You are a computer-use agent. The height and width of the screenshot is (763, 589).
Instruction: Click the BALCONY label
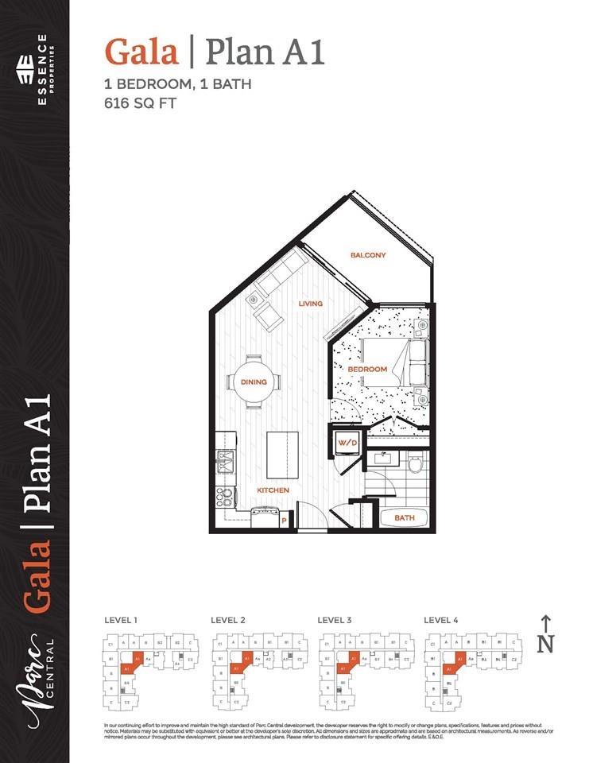(368, 255)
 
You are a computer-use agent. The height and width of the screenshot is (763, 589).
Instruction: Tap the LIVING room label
(310, 304)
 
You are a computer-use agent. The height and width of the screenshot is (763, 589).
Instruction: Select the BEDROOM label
(367, 370)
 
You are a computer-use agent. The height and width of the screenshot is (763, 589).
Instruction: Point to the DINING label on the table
(254, 382)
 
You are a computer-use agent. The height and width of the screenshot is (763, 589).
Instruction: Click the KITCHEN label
(273, 490)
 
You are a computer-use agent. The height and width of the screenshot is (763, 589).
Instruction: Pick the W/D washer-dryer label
(347, 443)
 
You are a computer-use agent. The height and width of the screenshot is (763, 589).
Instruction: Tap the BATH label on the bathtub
(405, 518)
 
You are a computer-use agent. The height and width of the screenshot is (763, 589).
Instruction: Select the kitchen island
(282, 454)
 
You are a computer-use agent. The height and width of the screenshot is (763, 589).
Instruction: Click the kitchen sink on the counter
(223, 459)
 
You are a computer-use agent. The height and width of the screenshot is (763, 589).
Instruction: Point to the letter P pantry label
(284, 521)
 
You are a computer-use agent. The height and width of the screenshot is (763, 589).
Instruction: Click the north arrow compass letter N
(545, 645)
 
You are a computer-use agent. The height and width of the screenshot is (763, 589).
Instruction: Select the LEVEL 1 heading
(122, 619)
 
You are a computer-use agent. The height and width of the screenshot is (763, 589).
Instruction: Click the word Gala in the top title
(141, 52)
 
